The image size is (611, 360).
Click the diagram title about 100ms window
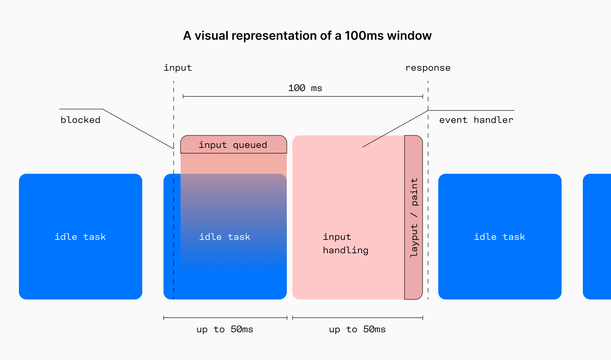(x=307, y=36)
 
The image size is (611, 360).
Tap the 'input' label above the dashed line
(x=177, y=68)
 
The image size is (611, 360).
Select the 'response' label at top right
(x=428, y=68)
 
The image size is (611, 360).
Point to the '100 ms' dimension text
(x=305, y=88)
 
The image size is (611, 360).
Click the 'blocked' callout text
(x=80, y=120)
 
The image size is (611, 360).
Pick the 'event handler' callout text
(x=476, y=120)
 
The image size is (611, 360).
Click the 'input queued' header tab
(x=233, y=145)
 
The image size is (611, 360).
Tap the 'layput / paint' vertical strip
(x=414, y=217)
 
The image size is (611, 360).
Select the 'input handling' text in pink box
(x=345, y=244)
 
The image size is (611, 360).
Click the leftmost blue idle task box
(x=80, y=237)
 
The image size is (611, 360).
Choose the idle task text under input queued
(x=224, y=237)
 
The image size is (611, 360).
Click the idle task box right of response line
(x=499, y=237)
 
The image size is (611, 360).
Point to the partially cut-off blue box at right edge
(x=598, y=237)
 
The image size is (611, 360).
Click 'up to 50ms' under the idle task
(x=224, y=329)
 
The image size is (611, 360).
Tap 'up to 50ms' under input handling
(x=357, y=329)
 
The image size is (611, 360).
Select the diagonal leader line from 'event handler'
(x=395, y=129)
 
